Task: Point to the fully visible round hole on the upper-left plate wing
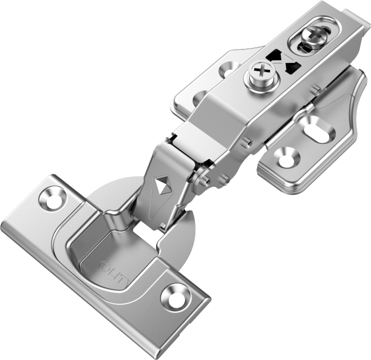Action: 228,69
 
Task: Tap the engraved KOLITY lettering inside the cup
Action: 117,272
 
